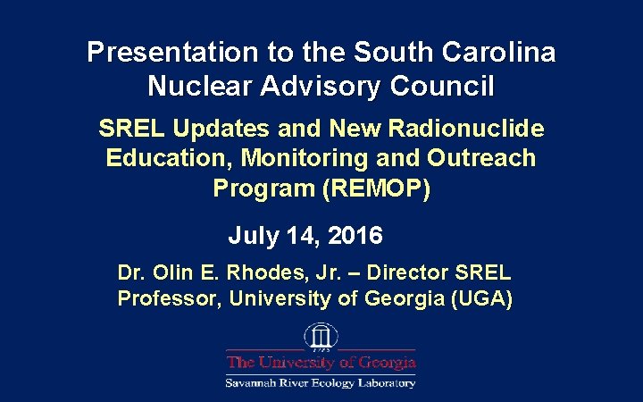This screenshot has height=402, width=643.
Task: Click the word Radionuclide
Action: pyautogui.click(x=466, y=129)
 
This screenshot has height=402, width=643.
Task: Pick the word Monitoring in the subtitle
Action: pyautogui.click(x=319, y=158)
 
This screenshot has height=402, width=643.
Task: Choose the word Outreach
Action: pyautogui.click(x=481, y=158)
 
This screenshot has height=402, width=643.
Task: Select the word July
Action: pyautogui.click(x=254, y=236)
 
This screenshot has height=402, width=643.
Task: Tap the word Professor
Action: pyautogui.click(x=169, y=298)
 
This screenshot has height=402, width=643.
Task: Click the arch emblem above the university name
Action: pyautogui.click(x=320, y=338)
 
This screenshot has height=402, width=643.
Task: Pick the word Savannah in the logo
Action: pyautogui.click(x=255, y=382)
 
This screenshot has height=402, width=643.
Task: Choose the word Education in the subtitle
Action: pyautogui.click(x=160, y=158)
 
